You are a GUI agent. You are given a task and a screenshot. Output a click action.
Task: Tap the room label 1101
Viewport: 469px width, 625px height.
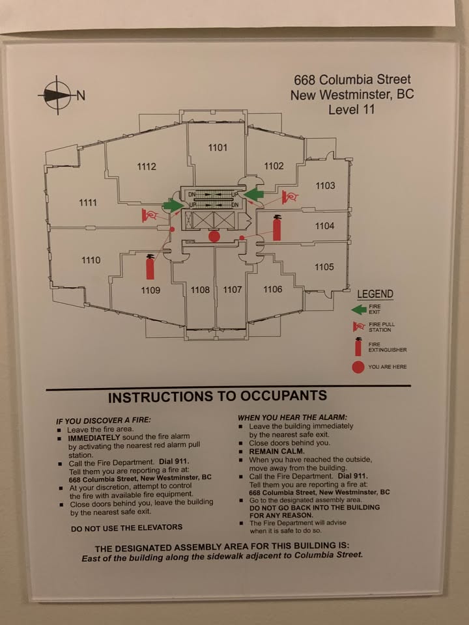(218, 148)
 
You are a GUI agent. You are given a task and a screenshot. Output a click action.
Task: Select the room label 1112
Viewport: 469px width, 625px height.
(147, 167)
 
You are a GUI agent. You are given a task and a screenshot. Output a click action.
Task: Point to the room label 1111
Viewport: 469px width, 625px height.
(88, 202)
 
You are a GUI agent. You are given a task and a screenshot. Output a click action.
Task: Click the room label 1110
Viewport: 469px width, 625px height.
(91, 260)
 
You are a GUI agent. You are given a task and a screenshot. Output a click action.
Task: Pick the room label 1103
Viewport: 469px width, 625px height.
(325, 186)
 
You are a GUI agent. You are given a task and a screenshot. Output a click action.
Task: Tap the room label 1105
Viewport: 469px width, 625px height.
(324, 267)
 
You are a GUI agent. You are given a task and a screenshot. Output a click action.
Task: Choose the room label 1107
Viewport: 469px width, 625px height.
(232, 290)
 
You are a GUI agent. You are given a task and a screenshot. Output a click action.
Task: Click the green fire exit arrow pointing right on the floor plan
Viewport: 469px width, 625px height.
(173, 205)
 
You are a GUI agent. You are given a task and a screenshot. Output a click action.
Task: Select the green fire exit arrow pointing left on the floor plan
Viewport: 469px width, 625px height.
(253, 194)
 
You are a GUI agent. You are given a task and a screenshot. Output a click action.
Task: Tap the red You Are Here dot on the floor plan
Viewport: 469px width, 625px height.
(214, 236)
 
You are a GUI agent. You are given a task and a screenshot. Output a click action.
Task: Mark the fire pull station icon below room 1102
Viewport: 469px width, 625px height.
(290, 196)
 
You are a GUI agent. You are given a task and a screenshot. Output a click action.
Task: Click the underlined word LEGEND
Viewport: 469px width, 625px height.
(375, 294)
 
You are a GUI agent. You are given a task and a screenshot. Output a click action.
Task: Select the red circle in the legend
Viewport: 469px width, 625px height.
(358, 367)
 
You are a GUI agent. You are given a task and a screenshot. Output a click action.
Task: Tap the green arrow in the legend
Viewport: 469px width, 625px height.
(358, 309)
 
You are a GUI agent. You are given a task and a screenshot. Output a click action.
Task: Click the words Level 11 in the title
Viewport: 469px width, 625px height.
(352, 109)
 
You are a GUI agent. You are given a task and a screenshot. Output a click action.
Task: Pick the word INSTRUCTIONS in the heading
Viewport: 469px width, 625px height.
(160, 396)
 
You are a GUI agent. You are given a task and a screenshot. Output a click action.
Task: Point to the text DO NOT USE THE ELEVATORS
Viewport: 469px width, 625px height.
(126, 528)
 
